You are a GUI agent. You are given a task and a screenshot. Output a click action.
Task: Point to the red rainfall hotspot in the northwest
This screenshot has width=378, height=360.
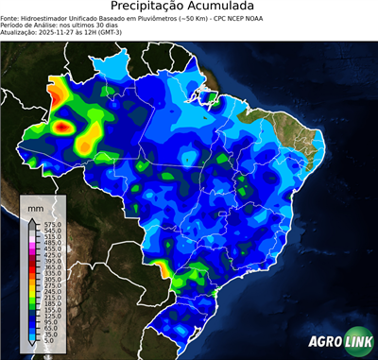[x=62, y=125]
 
